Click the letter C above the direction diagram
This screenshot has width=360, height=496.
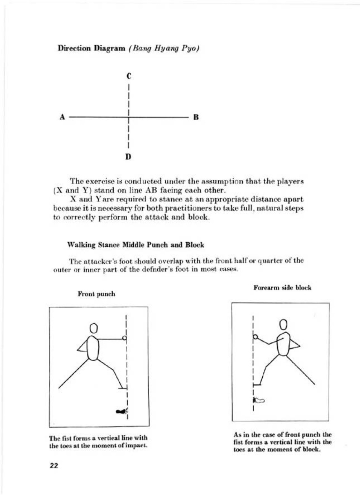coord(129,76)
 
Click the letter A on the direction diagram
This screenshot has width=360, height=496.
coord(62,117)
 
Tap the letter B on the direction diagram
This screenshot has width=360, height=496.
coord(196,117)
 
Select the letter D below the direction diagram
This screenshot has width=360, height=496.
coord(128,157)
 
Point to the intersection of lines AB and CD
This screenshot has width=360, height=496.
coord(128,117)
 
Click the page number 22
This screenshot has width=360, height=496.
coord(54,466)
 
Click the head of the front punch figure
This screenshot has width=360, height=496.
coord(93,328)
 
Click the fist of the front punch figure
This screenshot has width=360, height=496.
coord(124,338)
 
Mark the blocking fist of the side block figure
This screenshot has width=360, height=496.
coord(255,336)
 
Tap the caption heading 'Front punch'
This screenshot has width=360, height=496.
coord(96,294)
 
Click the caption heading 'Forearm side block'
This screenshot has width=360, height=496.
coord(282,288)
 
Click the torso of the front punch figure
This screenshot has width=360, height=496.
coord(93,348)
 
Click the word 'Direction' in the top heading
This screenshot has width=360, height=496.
coord(74,49)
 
